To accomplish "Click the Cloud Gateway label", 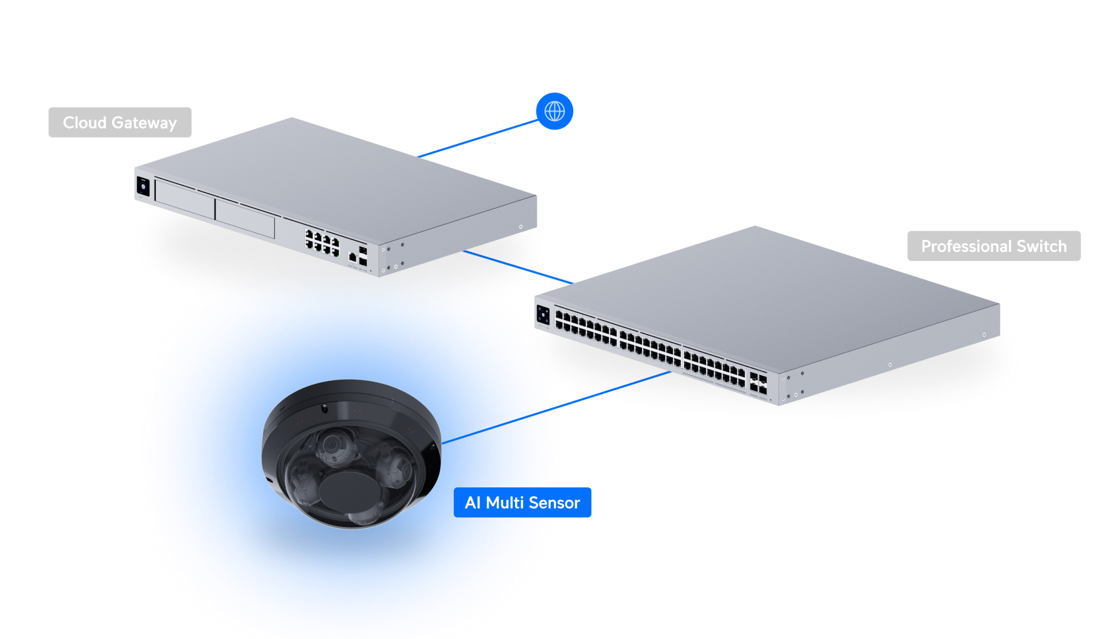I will pyautogui.click(x=120, y=123).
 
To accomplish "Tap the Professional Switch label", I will pyautogui.click(x=993, y=246).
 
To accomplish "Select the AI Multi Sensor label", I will pyautogui.click(x=522, y=502).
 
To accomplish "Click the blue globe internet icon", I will pyautogui.click(x=554, y=112).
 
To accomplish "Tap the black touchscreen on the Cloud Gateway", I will pyautogui.click(x=143, y=187).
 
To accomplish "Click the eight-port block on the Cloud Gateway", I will pyautogui.click(x=322, y=242).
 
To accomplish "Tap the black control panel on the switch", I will pyautogui.click(x=543, y=315).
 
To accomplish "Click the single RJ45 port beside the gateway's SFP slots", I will pyautogui.click(x=352, y=257).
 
